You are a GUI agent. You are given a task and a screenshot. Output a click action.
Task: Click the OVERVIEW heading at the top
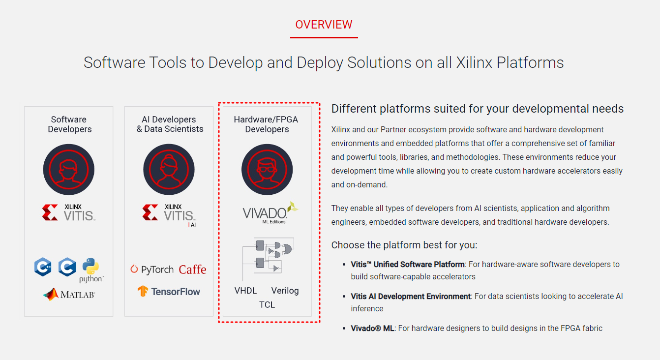coord(324,25)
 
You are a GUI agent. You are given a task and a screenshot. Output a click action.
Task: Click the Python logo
coord(91,270)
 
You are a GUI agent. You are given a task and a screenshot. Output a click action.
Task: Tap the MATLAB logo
coord(69,294)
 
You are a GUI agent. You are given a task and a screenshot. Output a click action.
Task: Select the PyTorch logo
coord(152,270)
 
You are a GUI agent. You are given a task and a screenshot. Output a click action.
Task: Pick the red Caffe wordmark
coord(192,270)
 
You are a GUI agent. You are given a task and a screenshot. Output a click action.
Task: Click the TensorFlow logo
coord(169,291)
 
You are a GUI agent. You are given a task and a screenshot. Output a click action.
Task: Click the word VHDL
coord(245,291)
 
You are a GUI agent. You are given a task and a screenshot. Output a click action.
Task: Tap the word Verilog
coord(285,291)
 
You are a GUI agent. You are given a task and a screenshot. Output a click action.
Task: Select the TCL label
coord(267,305)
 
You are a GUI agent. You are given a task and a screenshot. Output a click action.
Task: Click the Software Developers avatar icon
coord(68,170)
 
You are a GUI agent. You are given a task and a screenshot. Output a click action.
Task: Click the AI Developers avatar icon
coord(169,170)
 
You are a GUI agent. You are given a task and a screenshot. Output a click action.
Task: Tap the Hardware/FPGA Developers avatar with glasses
coord(267,170)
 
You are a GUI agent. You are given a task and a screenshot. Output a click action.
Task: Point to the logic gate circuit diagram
coord(267,256)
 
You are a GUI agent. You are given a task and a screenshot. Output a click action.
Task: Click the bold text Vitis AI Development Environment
coord(411,297)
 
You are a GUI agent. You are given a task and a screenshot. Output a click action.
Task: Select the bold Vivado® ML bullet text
coord(372,328)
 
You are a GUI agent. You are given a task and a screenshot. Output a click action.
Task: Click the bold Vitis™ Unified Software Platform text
coord(408,265)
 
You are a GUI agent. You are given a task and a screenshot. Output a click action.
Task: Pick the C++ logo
coord(43,267)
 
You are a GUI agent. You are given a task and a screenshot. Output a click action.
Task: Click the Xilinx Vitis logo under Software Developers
coord(68,212)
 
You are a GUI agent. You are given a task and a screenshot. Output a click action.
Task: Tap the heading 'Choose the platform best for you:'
coord(404,245)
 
